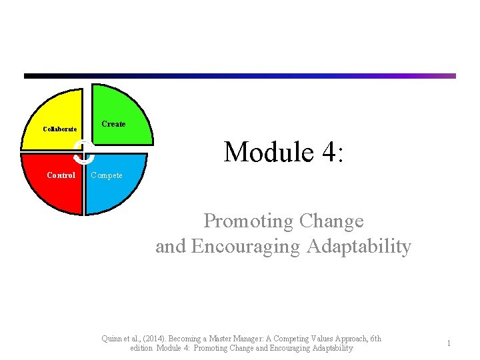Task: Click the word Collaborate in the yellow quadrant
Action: click(59, 129)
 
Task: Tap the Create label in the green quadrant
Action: click(113, 123)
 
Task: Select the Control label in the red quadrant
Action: click(61, 175)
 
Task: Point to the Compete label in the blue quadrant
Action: click(107, 175)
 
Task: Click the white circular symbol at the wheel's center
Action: click(85, 151)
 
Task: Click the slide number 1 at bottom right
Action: click(449, 343)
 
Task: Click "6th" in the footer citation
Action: click(375, 339)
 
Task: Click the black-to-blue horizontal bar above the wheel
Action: click(240, 76)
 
